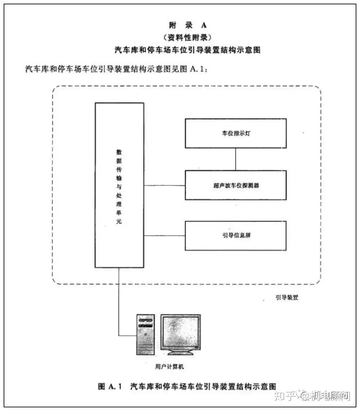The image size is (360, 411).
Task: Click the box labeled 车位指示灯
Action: [x=236, y=133]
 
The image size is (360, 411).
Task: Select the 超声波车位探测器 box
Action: [x=236, y=185]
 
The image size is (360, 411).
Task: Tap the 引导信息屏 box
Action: [x=236, y=236]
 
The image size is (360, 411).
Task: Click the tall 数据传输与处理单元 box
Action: [x=119, y=185]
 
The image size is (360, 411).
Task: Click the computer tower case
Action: [x=146, y=335]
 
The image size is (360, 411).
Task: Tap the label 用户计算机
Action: [x=169, y=366]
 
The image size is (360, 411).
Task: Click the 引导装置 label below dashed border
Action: [x=287, y=297]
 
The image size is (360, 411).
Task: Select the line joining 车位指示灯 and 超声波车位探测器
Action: [x=236, y=159]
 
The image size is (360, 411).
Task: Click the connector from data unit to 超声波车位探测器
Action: [x=164, y=185]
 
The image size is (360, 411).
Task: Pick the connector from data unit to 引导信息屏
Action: [x=164, y=236]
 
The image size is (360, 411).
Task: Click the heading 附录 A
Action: [x=188, y=25]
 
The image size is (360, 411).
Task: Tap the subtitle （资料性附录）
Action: [x=187, y=37]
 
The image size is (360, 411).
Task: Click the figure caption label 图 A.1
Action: [x=110, y=386]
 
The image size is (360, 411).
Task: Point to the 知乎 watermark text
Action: [x=285, y=396]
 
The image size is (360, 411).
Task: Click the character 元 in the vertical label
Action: [x=119, y=221]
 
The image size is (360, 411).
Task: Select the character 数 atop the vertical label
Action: [x=119, y=152]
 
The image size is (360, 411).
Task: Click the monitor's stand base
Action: [x=181, y=353]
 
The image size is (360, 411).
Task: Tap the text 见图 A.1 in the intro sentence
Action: [x=189, y=69]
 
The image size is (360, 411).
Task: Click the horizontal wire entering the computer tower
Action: [x=127, y=336]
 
